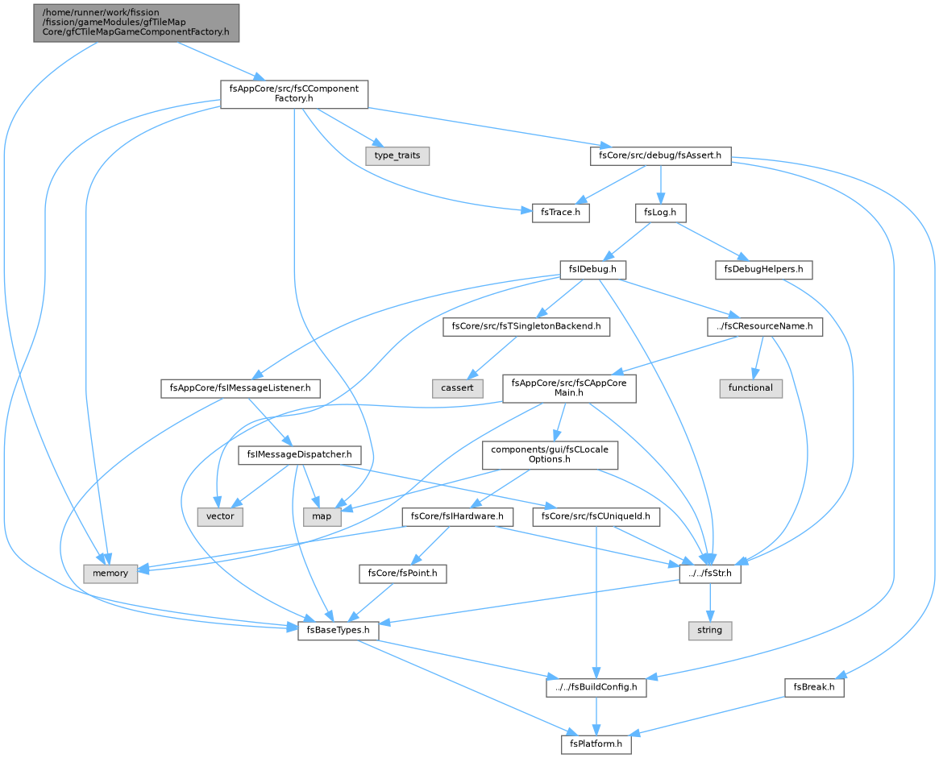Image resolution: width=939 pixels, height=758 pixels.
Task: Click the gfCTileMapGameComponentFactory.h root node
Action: point(136,23)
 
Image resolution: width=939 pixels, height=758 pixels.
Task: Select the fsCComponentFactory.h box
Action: point(294,94)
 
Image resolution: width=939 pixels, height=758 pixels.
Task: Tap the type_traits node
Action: point(397,155)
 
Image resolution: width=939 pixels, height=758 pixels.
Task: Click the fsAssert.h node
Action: point(661,155)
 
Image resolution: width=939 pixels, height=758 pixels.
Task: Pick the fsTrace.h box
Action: point(560,213)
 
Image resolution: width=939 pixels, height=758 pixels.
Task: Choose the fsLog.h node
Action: point(661,213)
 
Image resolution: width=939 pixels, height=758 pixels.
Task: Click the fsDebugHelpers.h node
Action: point(763,269)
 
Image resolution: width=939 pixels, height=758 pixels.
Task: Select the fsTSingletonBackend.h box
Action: point(526,327)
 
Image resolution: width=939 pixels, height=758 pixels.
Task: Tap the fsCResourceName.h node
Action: point(765,327)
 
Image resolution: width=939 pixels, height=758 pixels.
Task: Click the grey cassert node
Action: point(458,387)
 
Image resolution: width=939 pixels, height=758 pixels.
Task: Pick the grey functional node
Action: point(750,387)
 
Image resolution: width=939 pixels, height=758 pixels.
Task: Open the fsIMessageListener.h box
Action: point(240,387)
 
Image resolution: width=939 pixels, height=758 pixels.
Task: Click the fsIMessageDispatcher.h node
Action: point(299,454)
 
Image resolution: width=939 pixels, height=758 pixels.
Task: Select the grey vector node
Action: point(220,516)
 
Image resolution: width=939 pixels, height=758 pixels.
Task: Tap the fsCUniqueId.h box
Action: point(596,516)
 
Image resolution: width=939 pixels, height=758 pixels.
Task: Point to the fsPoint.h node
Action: point(403,574)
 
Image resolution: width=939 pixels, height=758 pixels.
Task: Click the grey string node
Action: point(709,630)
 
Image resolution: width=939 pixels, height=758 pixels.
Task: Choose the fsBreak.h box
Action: point(814,687)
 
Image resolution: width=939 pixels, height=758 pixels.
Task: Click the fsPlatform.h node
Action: point(596,744)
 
